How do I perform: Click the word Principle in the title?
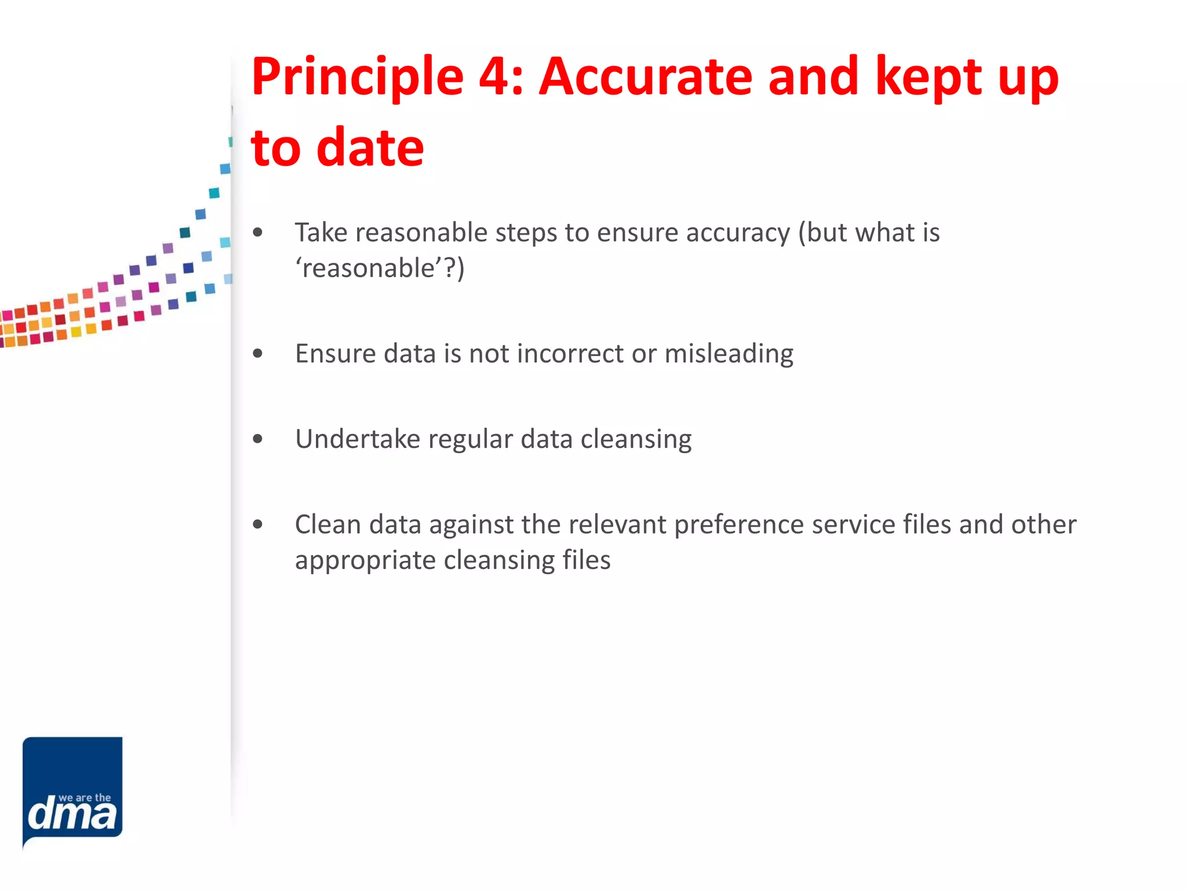tap(357, 78)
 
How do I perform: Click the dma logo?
tap(72, 790)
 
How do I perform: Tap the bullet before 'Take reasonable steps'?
tap(258, 234)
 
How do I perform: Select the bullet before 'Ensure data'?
tap(258, 353)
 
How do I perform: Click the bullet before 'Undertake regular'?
tap(258, 439)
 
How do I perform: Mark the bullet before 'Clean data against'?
tap(258, 525)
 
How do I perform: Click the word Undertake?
tap(356, 439)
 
